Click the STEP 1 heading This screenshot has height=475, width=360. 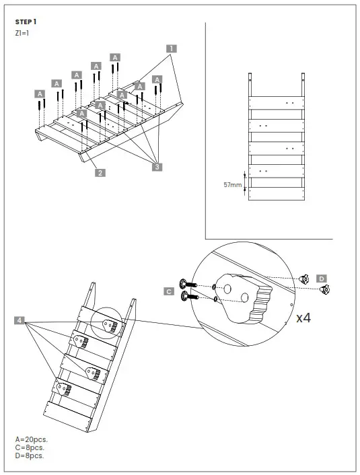(x=25, y=22)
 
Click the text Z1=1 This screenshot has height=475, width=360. (x=22, y=33)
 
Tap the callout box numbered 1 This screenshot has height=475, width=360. (x=172, y=48)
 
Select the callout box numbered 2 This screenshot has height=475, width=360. (x=100, y=172)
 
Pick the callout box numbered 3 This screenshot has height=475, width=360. (x=157, y=167)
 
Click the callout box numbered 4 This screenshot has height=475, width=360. (x=20, y=320)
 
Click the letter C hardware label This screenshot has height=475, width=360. (x=169, y=291)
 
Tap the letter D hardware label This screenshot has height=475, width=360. (x=322, y=279)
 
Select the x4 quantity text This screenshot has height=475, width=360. (x=303, y=318)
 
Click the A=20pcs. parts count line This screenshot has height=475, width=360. (x=31, y=439)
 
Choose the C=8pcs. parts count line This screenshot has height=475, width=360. (x=30, y=447)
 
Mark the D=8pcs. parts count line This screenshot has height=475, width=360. (x=30, y=455)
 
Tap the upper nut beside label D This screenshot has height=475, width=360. (x=304, y=277)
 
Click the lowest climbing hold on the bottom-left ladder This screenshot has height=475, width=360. (x=63, y=388)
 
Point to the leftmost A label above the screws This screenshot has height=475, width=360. (x=40, y=94)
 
